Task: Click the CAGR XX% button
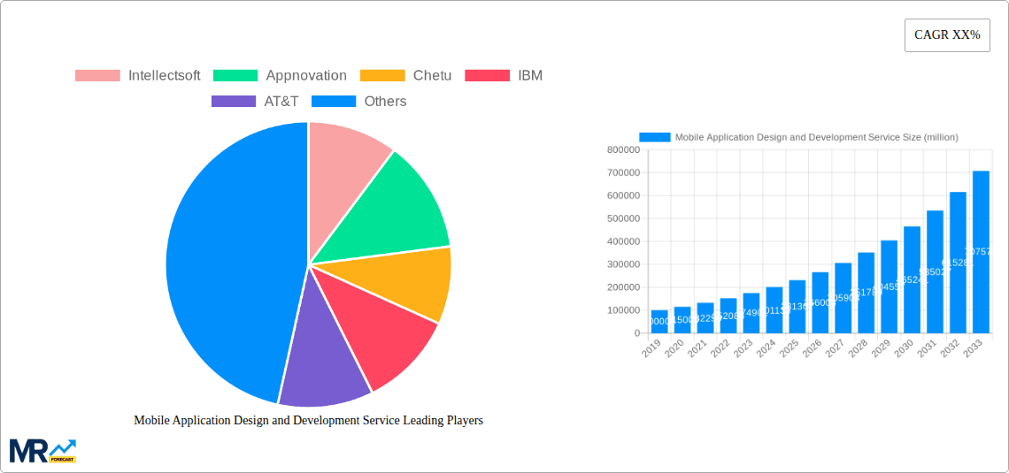click(x=946, y=35)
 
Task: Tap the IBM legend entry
click(x=504, y=75)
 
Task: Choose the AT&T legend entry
click(x=256, y=101)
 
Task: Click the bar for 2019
click(x=659, y=322)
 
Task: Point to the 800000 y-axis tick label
click(x=624, y=149)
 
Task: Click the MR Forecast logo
click(x=42, y=450)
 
